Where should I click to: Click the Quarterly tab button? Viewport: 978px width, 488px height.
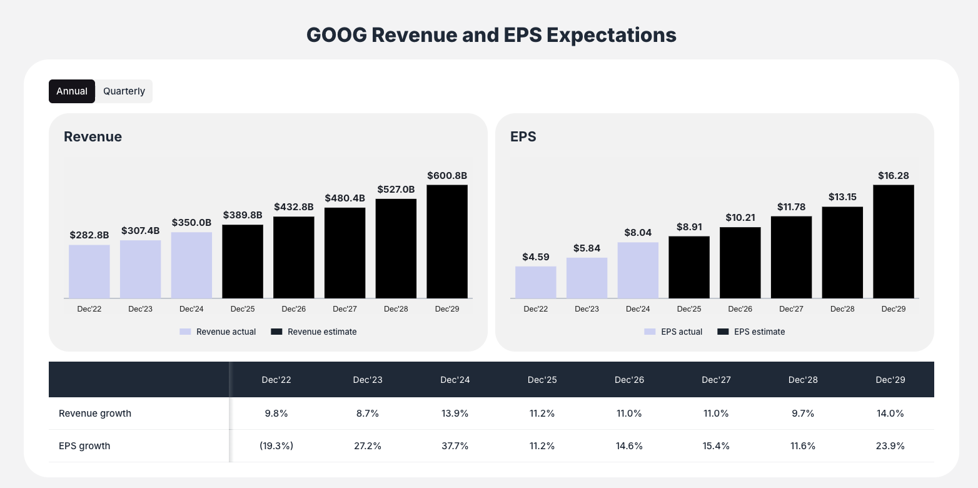(x=124, y=91)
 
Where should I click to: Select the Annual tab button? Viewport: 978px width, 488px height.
(x=72, y=91)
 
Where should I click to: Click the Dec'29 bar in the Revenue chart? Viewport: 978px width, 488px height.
(x=447, y=241)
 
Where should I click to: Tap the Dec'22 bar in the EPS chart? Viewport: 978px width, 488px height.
(x=535, y=282)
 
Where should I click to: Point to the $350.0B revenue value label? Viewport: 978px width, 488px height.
(x=191, y=223)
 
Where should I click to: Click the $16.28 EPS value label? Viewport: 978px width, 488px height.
(x=893, y=176)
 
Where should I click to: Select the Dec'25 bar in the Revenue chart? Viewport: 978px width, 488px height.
(x=243, y=262)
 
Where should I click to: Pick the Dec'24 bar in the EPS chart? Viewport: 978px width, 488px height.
(x=638, y=270)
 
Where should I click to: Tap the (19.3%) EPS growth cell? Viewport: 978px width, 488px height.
(x=276, y=446)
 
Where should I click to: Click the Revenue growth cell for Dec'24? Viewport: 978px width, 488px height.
(x=455, y=414)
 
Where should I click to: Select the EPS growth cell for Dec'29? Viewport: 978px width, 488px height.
(x=890, y=446)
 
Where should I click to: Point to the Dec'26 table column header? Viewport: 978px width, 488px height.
(x=629, y=380)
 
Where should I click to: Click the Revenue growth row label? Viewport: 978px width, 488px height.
(x=95, y=414)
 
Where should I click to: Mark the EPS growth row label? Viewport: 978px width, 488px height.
(x=84, y=446)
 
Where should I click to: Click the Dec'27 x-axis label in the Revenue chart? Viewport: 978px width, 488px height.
(x=345, y=309)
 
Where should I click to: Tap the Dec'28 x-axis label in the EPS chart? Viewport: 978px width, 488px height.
(x=842, y=309)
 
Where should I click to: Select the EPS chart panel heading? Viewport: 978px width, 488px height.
(x=523, y=136)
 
